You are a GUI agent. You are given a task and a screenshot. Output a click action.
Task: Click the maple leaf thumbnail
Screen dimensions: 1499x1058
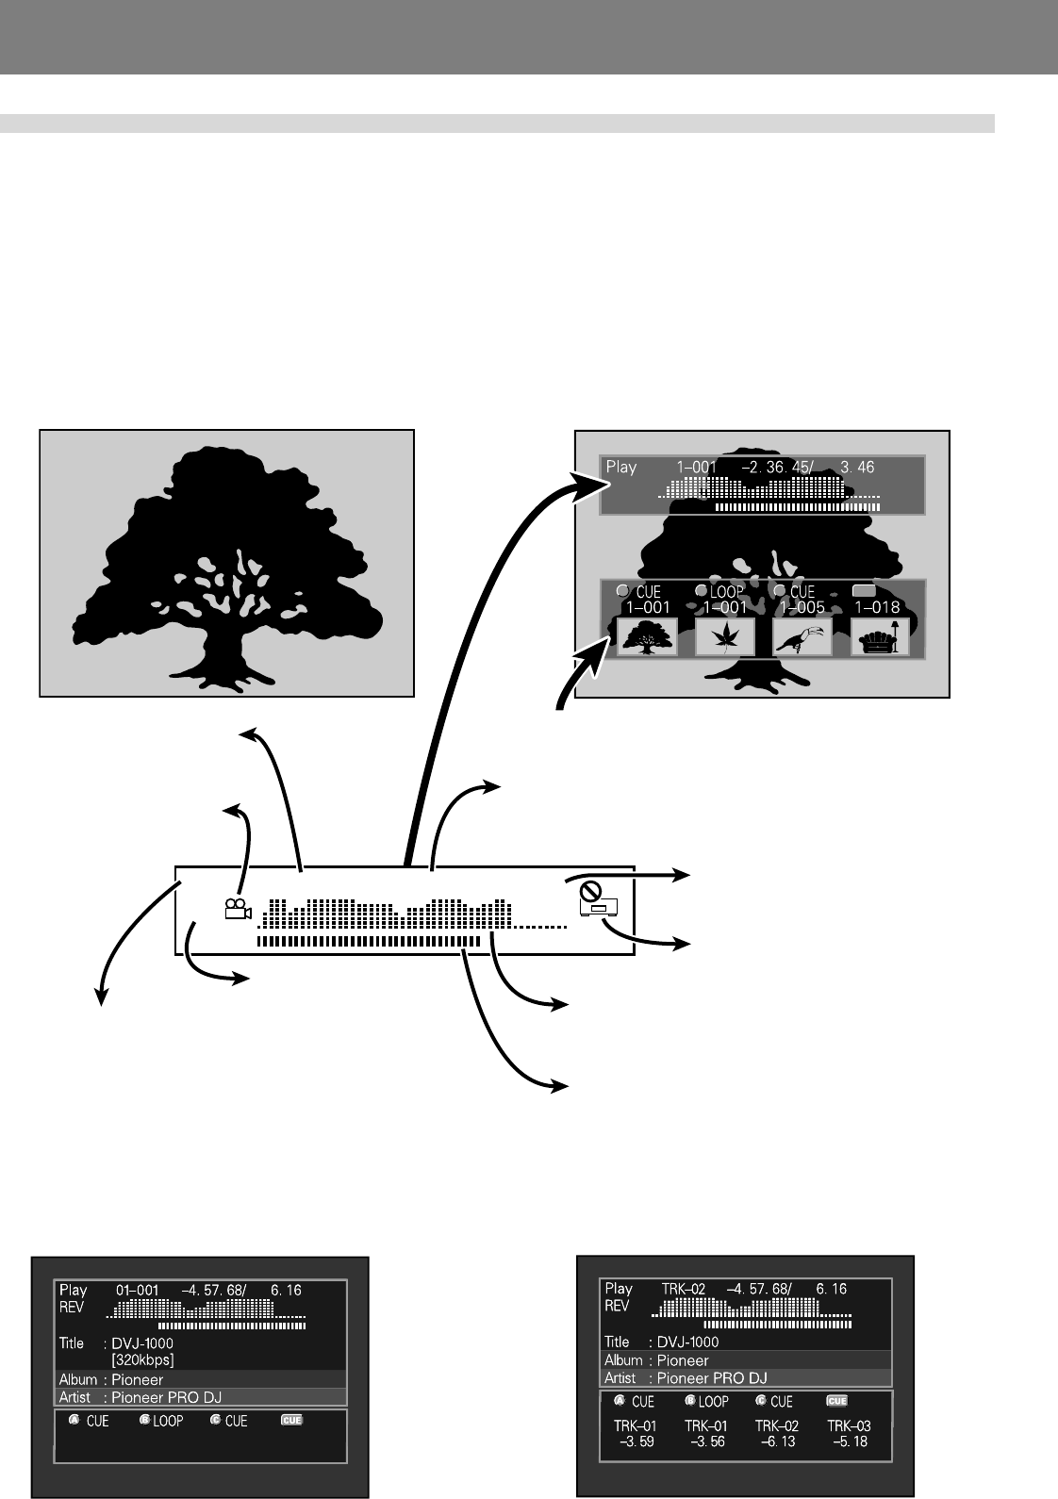point(724,637)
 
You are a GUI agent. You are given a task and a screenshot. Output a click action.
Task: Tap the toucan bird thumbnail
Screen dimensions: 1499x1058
point(802,637)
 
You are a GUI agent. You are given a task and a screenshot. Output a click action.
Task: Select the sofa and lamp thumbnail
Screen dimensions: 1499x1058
point(880,637)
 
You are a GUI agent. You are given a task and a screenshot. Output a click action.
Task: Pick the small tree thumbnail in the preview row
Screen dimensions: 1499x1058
point(647,637)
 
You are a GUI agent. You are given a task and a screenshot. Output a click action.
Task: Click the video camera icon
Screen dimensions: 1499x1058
point(237,909)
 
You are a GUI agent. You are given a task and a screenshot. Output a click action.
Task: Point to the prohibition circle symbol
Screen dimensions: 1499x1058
point(590,889)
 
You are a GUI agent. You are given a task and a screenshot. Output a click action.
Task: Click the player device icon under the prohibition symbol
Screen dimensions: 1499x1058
point(599,909)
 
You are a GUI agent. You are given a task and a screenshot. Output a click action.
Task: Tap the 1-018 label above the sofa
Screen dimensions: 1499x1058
point(877,608)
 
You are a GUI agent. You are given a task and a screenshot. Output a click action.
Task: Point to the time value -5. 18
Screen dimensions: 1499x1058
point(849,1441)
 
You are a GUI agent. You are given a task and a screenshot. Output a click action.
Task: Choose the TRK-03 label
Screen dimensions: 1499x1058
point(849,1425)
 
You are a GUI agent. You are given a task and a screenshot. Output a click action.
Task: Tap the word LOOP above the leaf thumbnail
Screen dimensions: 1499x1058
point(726,592)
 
